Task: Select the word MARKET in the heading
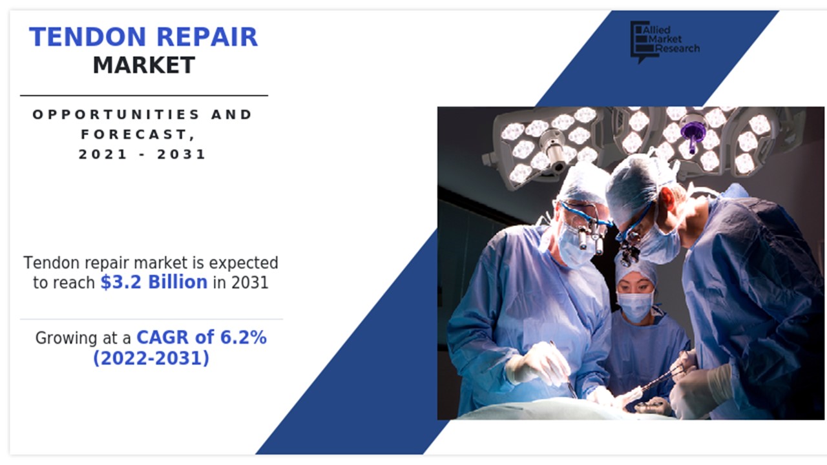pyautogui.click(x=143, y=65)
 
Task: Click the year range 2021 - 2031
pyautogui.click(x=143, y=154)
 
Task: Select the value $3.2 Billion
pyautogui.click(x=154, y=282)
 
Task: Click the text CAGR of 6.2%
pyautogui.click(x=202, y=337)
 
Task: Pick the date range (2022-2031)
pyautogui.click(x=151, y=357)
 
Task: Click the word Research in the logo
pyautogui.click(x=676, y=48)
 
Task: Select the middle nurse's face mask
pyautogui.click(x=635, y=306)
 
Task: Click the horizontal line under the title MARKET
pyautogui.click(x=143, y=96)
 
